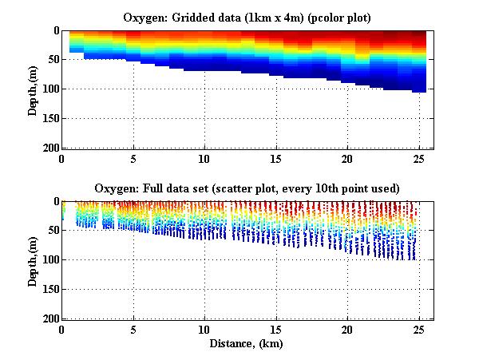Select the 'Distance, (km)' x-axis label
(247, 343)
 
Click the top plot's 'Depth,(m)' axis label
(33, 89)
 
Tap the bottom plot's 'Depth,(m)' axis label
(33, 260)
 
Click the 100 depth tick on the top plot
(48, 89)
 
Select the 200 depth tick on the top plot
(48, 148)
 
